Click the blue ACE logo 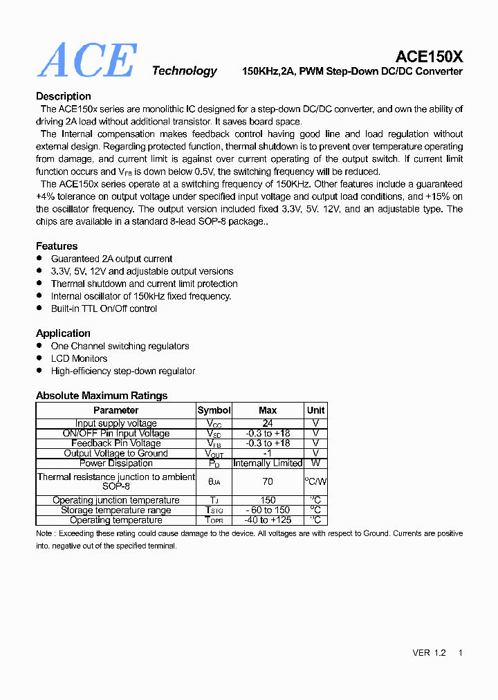(87, 61)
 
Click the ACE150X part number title (429, 57)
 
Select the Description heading (64, 96)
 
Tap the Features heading (57, 246)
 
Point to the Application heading (63, 333)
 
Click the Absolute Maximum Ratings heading (102, 396)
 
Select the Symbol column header (214, 410)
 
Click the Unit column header (315, 410)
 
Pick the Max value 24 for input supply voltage (268, 423)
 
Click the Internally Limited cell (268, 463)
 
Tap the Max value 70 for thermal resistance (268, 481)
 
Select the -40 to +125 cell (268, 520)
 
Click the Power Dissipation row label (116, 463)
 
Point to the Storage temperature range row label (116, 510)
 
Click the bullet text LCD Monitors (79, 358)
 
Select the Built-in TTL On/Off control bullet (104, 308)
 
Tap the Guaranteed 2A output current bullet (111, 259)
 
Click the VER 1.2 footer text (429, 653)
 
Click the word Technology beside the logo (184, 71)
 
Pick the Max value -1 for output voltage (268, 454)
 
